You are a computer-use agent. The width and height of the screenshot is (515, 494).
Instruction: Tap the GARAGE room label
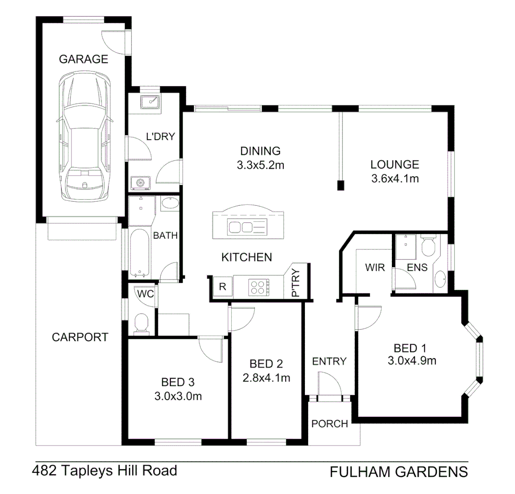click(x=83, y=59)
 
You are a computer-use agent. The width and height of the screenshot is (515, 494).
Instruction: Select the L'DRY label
click(x=160, y=136)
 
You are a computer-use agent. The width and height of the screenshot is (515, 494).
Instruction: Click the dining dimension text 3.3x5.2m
click(x=260, y=165)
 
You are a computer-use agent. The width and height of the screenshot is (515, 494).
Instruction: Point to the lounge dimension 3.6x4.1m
click(x=395, y=178)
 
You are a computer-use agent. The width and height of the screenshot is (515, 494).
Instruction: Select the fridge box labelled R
click(x=222, y=287)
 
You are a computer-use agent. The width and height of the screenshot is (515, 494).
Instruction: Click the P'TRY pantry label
click(x=296, y=283)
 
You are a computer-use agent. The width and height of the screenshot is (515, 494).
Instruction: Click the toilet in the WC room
click(x=141, y=323)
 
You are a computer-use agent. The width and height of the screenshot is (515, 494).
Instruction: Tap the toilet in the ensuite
click(x=429, y=247)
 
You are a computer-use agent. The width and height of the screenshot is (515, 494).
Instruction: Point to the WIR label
click(x=374, y=267)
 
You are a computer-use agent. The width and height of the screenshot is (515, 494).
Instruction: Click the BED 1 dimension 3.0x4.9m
click(x=412, y=361)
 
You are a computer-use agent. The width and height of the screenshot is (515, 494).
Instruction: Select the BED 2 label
click(x=266, y=364)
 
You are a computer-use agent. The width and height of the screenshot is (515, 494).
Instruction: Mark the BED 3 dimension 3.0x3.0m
click(x=178, y=396)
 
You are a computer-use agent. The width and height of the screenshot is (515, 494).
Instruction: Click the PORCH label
click(x=330, y=424)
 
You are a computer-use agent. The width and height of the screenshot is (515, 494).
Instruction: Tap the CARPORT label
click(x=80, y=337)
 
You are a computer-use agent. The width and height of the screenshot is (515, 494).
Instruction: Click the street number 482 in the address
click(x=44, y=470)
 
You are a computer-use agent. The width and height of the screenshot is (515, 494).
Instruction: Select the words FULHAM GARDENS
click(x=398, y=471)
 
